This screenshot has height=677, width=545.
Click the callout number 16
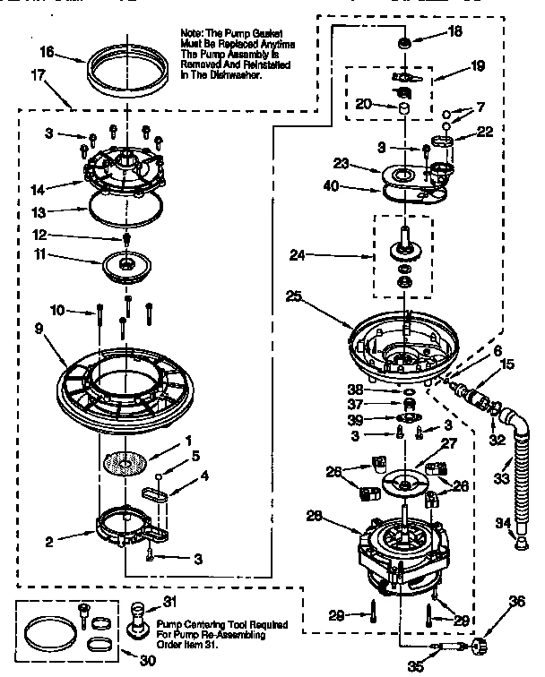[x=47, y=54]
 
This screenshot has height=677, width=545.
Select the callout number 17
[x=37, y=78]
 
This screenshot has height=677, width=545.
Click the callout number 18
[x=455, y=31]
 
